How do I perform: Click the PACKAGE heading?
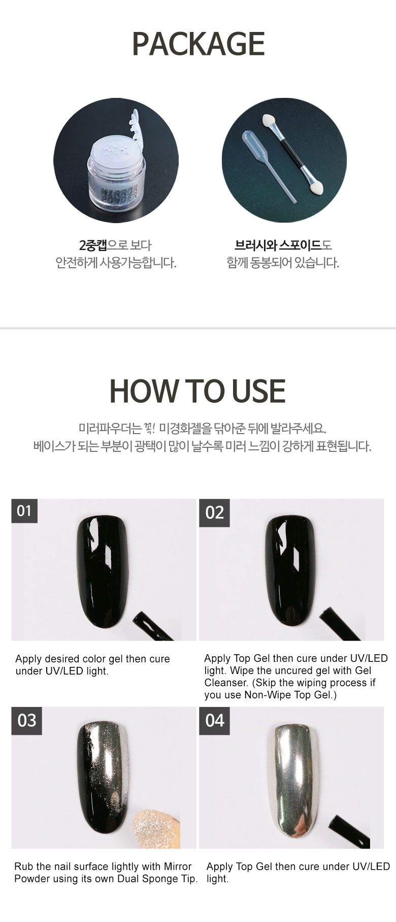pos(198,44)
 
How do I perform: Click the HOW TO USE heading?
pos(197,391)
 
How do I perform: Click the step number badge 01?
pos(24,511)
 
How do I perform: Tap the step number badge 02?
pos(214,513)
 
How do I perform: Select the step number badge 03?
pos(26,720)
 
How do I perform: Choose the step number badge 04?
pos(214,720)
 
